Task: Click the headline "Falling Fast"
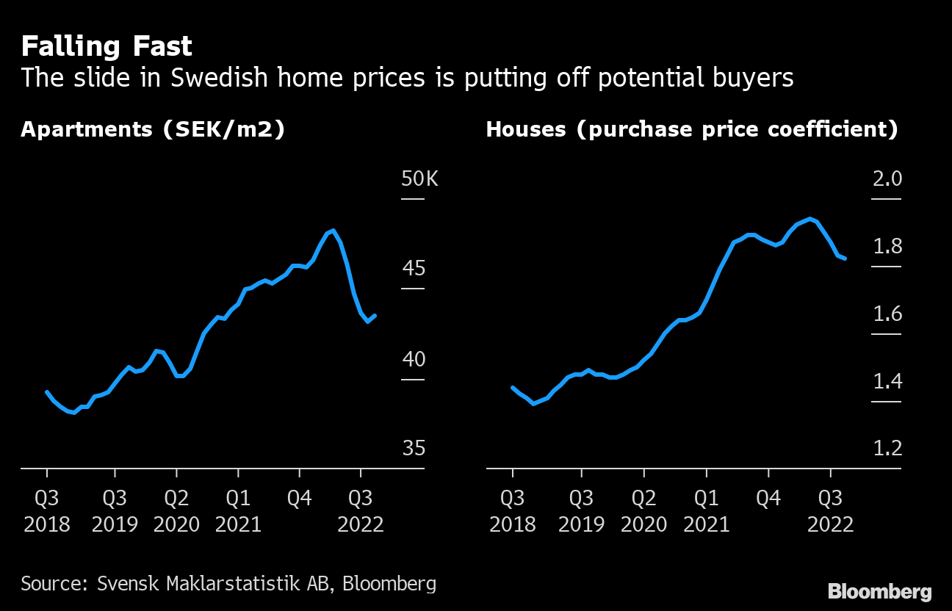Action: [x=107, y=47]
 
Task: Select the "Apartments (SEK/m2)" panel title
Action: [x=153, y=130]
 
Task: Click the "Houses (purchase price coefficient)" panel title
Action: [x=692, y=130]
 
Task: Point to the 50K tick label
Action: [x=419, y=178]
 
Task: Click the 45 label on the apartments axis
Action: [x=414, y=269]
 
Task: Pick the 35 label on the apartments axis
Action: [x=414, y=448]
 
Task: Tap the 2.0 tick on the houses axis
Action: [x=887, y=178]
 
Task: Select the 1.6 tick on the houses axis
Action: [x=887, y=314]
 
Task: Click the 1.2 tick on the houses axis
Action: [x=887, y=448]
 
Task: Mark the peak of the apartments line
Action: [x=334, y=231]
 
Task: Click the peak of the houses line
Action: [x=809, y=219]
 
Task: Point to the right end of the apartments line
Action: [x=375, y=316]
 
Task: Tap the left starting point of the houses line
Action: [x=512, y=387]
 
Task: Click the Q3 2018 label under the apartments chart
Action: [x=47, y=511]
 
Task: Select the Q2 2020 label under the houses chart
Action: [x=644, y=511]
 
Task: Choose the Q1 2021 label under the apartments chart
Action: [x=238, y=511]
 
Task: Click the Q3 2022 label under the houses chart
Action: [x=830, y=511]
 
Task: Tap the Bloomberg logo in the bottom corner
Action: [x=879, y=592]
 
